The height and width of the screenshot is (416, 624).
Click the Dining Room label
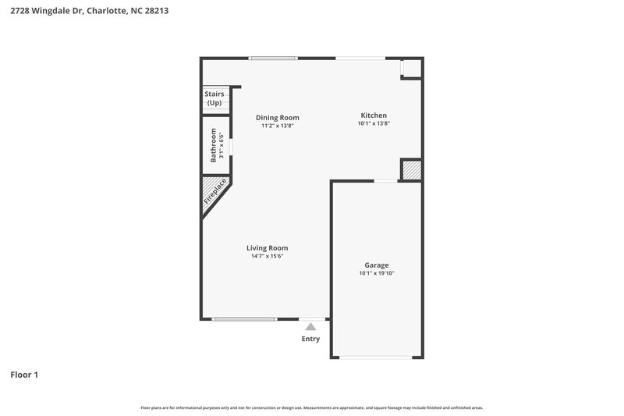tap(278, 117)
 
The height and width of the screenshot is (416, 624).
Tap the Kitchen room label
tap(373, 115)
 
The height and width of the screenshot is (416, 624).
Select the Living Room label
tap(267, 247)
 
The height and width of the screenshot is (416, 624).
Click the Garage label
tap(376, 265)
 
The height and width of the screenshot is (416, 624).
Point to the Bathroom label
tap(213, 147)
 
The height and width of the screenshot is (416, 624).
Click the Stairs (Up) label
tap(214, 98)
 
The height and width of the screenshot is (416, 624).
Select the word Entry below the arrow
tap(310, 339)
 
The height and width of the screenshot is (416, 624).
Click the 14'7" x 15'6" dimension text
tap(267, 256)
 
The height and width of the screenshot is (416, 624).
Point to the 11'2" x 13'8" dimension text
tap(278, 126)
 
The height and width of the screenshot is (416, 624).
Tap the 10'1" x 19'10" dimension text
tap(376, 273)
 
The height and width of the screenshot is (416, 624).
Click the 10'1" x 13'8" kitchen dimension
tap(373, 123)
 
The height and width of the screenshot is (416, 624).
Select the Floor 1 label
tap(24, 375)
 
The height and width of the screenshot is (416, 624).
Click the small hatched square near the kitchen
tap(410, 170)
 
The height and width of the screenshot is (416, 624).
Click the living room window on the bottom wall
tap(244, 318)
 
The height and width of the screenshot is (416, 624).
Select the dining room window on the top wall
tap(272, 58)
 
